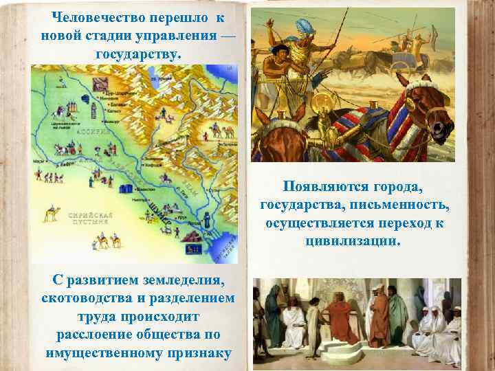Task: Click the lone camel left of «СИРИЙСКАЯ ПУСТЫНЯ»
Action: tap(49, 214)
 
